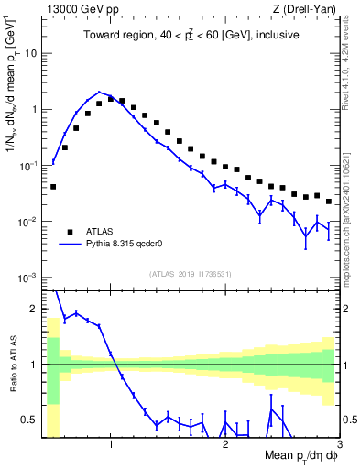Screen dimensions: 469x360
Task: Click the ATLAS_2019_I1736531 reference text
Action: click(x=191, y=273)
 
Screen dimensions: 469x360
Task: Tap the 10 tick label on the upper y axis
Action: click(x=30, y=53)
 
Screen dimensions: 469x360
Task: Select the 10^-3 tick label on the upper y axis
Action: click(x=27, y=278)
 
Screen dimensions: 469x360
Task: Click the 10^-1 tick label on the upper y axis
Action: click(x=27, y=166)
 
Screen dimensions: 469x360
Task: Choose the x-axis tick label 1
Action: click(x=111, y=444)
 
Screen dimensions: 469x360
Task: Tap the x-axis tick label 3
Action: click(x=338, y=444)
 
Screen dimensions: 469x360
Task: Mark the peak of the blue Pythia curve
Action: click(x=99, y=92)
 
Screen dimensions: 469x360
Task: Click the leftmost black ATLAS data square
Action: click(x=53, y=187)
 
